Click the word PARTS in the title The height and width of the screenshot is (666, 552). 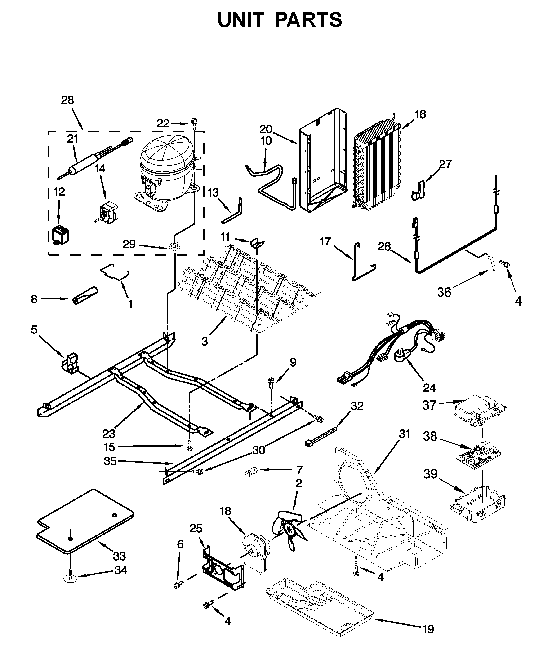point(308,20)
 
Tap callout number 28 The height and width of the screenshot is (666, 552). point(67,100)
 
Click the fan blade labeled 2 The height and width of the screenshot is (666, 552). point(289,528)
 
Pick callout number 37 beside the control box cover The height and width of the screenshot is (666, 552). point(429,405)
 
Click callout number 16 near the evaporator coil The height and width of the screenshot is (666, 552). point(420,114)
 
